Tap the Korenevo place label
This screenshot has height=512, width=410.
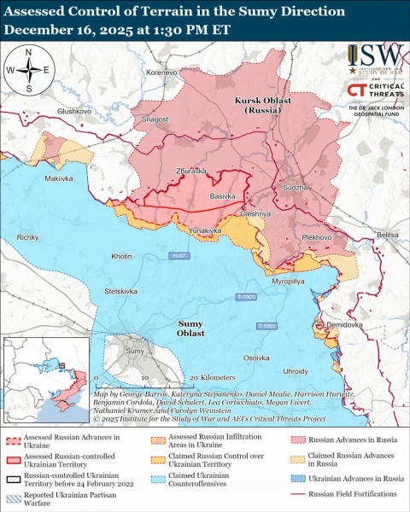(161, 73)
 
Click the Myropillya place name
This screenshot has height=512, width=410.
(288, 280)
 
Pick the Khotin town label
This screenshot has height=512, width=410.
(121, 256)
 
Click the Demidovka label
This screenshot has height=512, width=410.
(345, 325)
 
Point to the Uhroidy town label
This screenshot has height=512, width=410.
(295, 371)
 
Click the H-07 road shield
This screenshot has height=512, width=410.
(177, 255)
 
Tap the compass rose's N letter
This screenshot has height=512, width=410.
(28, 53)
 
